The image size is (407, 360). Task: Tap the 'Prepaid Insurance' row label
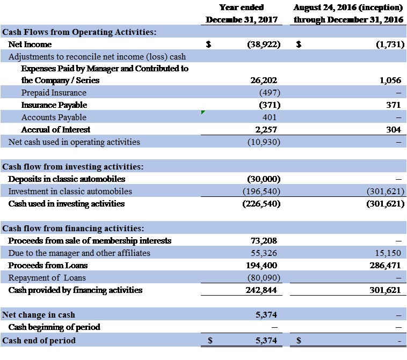coord(54,93)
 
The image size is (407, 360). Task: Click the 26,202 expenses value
coord(264,80)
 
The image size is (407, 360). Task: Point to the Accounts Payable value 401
coord(270,117)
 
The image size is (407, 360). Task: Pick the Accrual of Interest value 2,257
coord(266,129)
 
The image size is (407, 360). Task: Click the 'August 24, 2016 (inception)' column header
coord(348,8)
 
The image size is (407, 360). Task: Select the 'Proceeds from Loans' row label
coord(48,266)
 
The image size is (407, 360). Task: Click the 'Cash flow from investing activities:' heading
coord(73,167)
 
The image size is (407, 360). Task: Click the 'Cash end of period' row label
coord(39,340)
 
